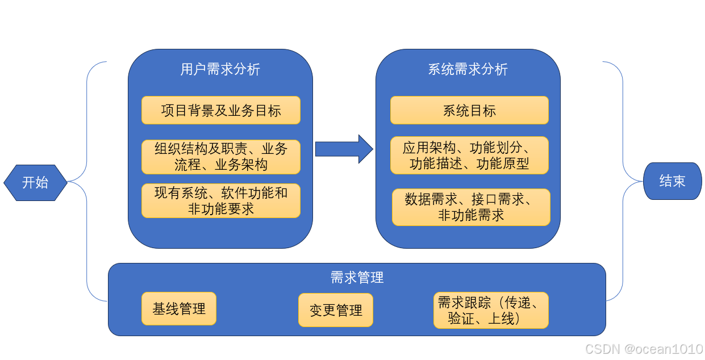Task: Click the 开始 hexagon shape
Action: click(35, 182)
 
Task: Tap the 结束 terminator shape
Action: click(672, 181)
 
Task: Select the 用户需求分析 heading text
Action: click(220, 70)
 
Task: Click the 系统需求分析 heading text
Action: click(468, 70)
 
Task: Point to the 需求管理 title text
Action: click(357, 278)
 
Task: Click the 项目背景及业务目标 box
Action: click(220, 110)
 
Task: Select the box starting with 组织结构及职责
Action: click(220, 157)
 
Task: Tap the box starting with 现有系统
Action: click(220, 200)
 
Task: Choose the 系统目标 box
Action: click(469, 110)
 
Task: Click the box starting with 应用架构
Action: click(469, 156)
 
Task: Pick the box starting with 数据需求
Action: click(471, 207)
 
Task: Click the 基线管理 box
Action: click(178, 309)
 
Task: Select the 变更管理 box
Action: click(336, 310)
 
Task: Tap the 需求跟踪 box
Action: click(491, 311)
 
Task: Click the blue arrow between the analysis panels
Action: click(343, 149)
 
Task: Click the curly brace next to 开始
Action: click(87, 182)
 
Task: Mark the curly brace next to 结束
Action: click(623, 182)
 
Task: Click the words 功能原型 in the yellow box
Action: click(502, 165)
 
